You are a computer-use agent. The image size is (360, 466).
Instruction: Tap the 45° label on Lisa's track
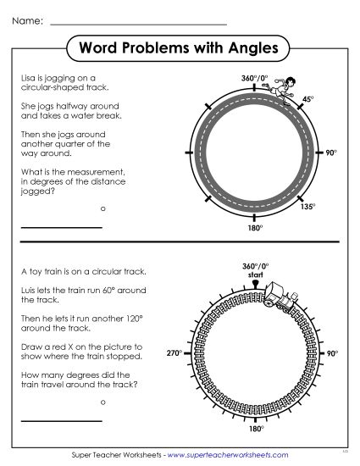click(307, 100)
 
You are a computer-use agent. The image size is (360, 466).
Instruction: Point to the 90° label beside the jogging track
click(331, 153)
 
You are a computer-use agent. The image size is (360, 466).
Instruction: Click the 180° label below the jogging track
click(253, 228)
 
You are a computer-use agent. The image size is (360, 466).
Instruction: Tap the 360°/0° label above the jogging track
click(254, 78)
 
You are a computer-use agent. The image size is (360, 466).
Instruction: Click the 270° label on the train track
click(174, 352)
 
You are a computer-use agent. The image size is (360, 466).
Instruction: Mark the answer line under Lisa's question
click(61, 227)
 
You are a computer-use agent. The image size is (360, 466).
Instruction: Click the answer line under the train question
click(61, 420)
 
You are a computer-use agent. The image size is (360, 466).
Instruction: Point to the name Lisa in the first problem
click(28, 76)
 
